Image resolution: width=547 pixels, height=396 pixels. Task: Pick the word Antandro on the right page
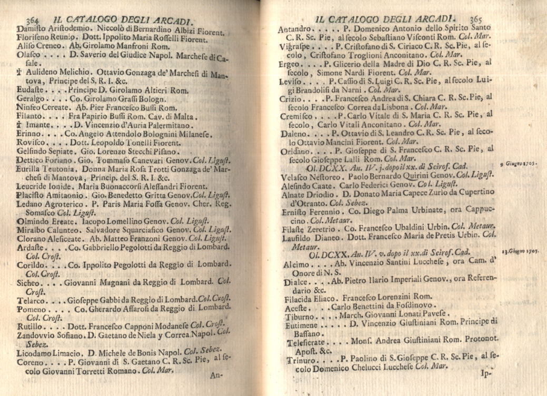pyautogui.click(x=294, y=29)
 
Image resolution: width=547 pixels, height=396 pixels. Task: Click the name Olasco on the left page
pyautogui.click(x=29, y=56)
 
